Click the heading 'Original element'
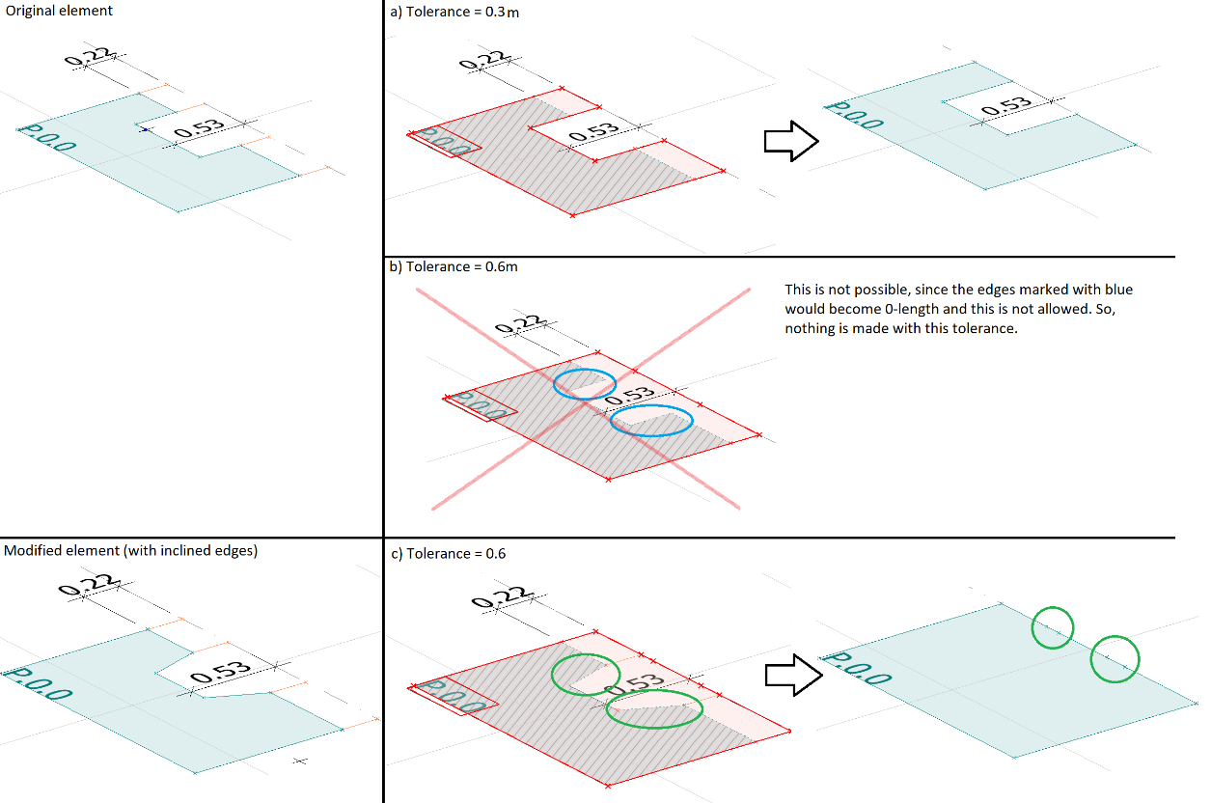[x=58, y=11]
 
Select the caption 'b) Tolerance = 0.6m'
[x=454, y=266]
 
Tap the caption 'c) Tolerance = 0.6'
[x=448, y=553]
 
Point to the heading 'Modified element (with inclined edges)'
[x=131, y=551]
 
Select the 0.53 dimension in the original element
[x=201, y=130]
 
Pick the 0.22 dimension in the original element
[x=88, y=57]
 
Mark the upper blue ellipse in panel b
[x=585, y=383]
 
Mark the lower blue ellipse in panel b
[x=651, y=421]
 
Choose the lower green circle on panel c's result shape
[x=1115, y=659]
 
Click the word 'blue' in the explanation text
[x=1116, y=290]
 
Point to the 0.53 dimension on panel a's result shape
[x=1006, y=108]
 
